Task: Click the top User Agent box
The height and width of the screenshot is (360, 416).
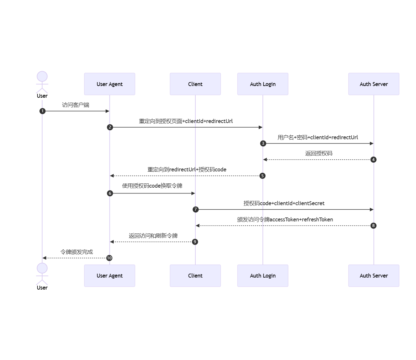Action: pos(110,84)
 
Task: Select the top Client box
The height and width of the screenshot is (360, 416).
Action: pos(195,84)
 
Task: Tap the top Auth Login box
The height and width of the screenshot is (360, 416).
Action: pos(263,84)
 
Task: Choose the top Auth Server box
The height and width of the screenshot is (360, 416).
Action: pos(373,84)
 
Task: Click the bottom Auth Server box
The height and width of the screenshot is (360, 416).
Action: pos(373,276)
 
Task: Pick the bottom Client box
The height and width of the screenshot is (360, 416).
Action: pos(195,276)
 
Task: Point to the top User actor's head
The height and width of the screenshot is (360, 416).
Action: pos(42,77)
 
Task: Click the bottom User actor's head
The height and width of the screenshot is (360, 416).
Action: pos(42,268)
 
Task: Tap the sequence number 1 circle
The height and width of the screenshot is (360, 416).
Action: pos(42,111)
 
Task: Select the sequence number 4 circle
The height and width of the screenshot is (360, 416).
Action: pos(373,159)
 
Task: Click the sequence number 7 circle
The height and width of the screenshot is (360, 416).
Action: pos(195,209)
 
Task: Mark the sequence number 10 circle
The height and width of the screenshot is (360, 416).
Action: pos(109,258)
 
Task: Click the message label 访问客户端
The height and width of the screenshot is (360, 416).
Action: pos(75,105)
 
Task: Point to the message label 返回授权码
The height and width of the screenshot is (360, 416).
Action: pos(318,153)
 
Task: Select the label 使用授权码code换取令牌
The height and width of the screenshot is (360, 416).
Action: pos(152,186)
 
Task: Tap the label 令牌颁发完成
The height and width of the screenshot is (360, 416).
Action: pos(76,252)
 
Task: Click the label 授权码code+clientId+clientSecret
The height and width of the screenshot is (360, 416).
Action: pos(284,203)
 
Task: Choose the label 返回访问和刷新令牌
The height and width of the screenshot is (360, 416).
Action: pos(153,236)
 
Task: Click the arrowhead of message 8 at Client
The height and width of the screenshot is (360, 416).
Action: pos(198,226)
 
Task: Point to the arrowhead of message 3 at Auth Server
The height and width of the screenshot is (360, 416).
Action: pos(371,143)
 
